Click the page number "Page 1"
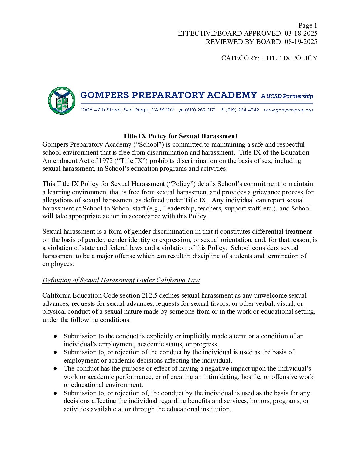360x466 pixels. click(x=307, y=25)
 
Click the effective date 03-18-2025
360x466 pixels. click(x=301, y=33)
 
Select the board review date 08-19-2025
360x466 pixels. click(x=301, y=42)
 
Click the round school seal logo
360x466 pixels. click(x=62, y=101)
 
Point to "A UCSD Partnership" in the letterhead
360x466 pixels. click(x=287, y=96)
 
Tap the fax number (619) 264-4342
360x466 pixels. click(x=242, y=110)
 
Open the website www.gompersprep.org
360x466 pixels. click(x=288, y=110)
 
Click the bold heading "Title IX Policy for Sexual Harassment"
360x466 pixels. click(x=180, y=136)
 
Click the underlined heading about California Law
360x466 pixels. click(x=121, y=280)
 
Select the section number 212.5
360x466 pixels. click(x=149, y=295)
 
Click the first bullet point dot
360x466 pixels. click(x=55, y=336)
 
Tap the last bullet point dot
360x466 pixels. click(x=55, y=393)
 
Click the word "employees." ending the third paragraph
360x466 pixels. click(x=58, y=264)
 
